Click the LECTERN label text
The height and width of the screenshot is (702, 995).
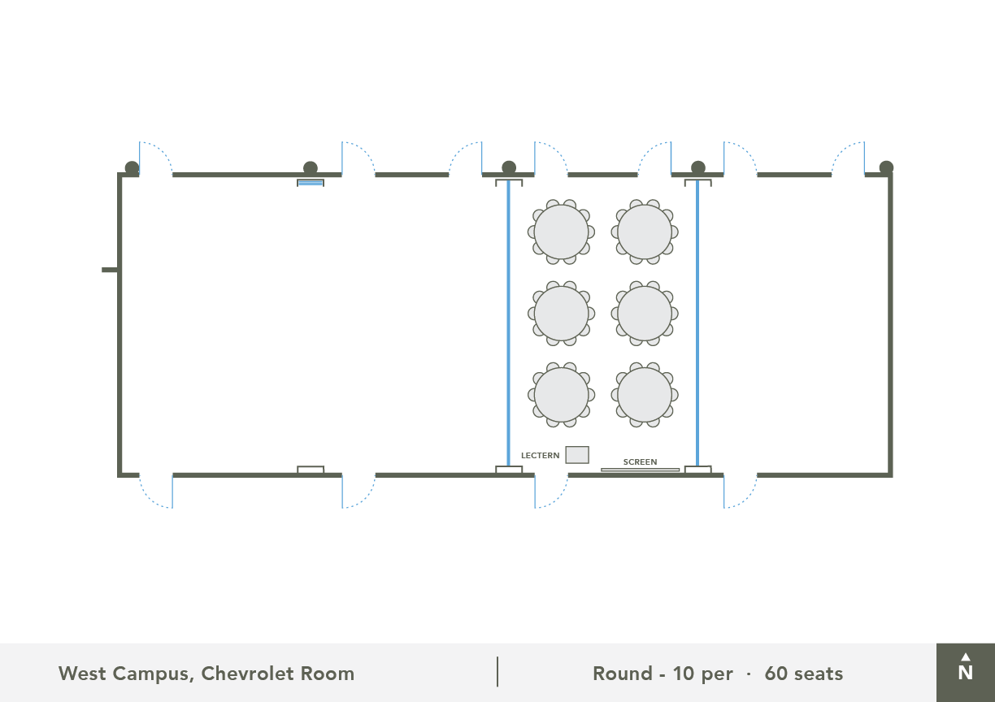pos(540,456)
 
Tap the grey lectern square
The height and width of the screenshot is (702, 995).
pos(577,455)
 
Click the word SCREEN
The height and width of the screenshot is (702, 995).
pos(640,461)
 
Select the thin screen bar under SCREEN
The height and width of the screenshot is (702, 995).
pos(640,470)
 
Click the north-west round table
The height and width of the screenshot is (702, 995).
pos(561,232)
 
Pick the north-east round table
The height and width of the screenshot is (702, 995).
pos(645,232)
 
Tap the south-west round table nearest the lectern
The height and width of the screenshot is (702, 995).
pos(561,395)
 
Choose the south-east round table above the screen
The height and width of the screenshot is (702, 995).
pos(645,395)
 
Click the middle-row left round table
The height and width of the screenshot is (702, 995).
pos(561,314)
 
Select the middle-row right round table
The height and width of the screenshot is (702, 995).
pos(645,314)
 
